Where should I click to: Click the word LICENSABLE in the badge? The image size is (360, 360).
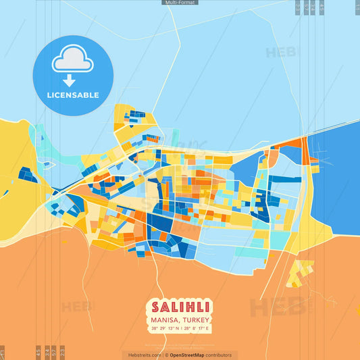(x=73, y=95)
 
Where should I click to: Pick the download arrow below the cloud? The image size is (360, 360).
(x=73, y=80)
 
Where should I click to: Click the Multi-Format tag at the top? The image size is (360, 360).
(x=180, y=3)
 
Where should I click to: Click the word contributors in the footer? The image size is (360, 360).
(x=218, y=355)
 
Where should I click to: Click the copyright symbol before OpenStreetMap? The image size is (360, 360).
(x=166, y=355)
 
